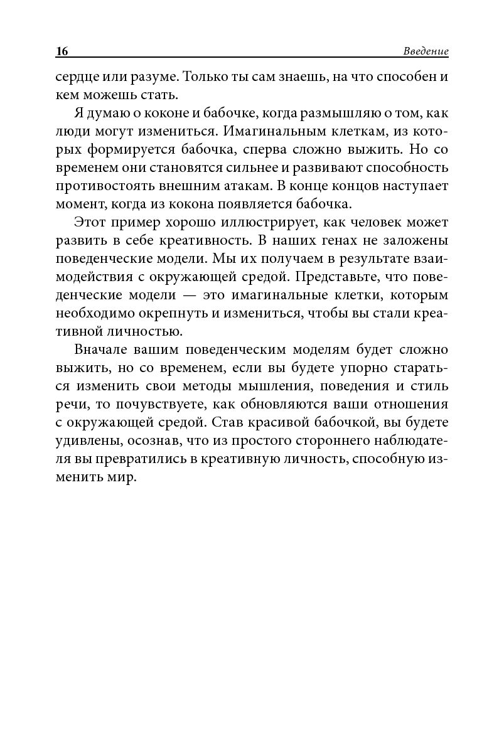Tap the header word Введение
coord(426,51)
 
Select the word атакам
coord(250,186)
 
